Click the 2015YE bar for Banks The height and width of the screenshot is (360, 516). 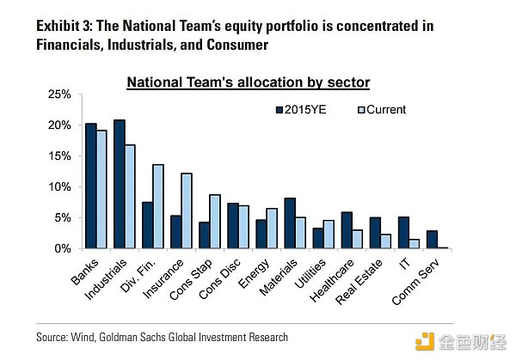90,186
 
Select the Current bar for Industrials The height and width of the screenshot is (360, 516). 129,197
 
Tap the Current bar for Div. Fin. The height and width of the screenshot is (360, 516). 158,206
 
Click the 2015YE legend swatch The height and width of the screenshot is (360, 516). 279,110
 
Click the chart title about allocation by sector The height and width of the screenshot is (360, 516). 248,82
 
